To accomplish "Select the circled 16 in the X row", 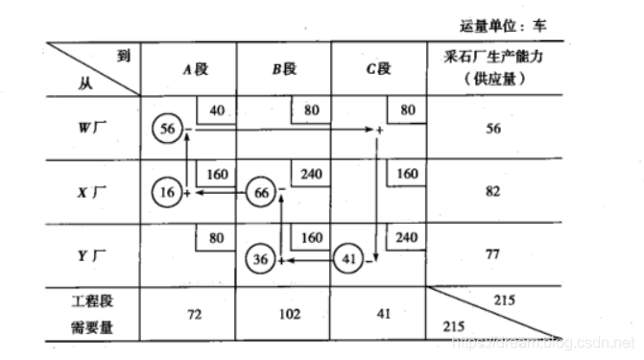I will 168,191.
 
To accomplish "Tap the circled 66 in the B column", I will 261,191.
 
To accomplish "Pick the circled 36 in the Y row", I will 261,259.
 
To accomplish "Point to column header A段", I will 190,68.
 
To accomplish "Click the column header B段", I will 283,68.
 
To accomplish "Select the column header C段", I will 378,68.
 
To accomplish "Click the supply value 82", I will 493,191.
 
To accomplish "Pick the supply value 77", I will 493,255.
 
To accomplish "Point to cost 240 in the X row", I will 309,175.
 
